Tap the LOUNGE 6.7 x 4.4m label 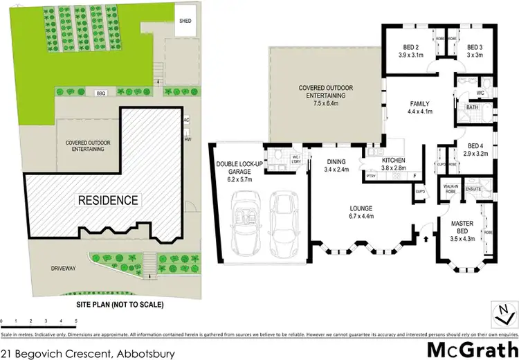click(361, 212)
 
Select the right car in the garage click(283, 220)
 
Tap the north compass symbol click(501, 315)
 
